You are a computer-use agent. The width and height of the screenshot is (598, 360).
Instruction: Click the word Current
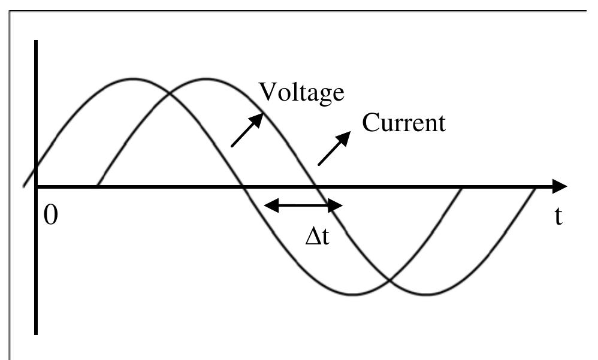click(x=404, y=123)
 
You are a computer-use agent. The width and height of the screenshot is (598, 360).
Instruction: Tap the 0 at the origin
click(x=52, y=216)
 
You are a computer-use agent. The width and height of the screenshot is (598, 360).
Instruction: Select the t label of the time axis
click(x=558, y=217)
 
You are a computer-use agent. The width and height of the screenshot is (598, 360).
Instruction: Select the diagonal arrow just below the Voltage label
click(x=246, y=129)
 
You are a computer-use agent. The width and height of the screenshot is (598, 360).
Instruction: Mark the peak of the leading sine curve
click(x=133, y=78)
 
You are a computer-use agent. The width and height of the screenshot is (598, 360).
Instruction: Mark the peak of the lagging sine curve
click(x=206, y=78)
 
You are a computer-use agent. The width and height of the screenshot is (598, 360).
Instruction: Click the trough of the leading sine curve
click(x=354, y=294)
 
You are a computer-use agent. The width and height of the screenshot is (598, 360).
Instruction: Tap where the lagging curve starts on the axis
click(x=97, y=186)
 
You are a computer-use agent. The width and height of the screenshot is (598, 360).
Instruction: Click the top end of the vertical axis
click(x=37, y=42)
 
